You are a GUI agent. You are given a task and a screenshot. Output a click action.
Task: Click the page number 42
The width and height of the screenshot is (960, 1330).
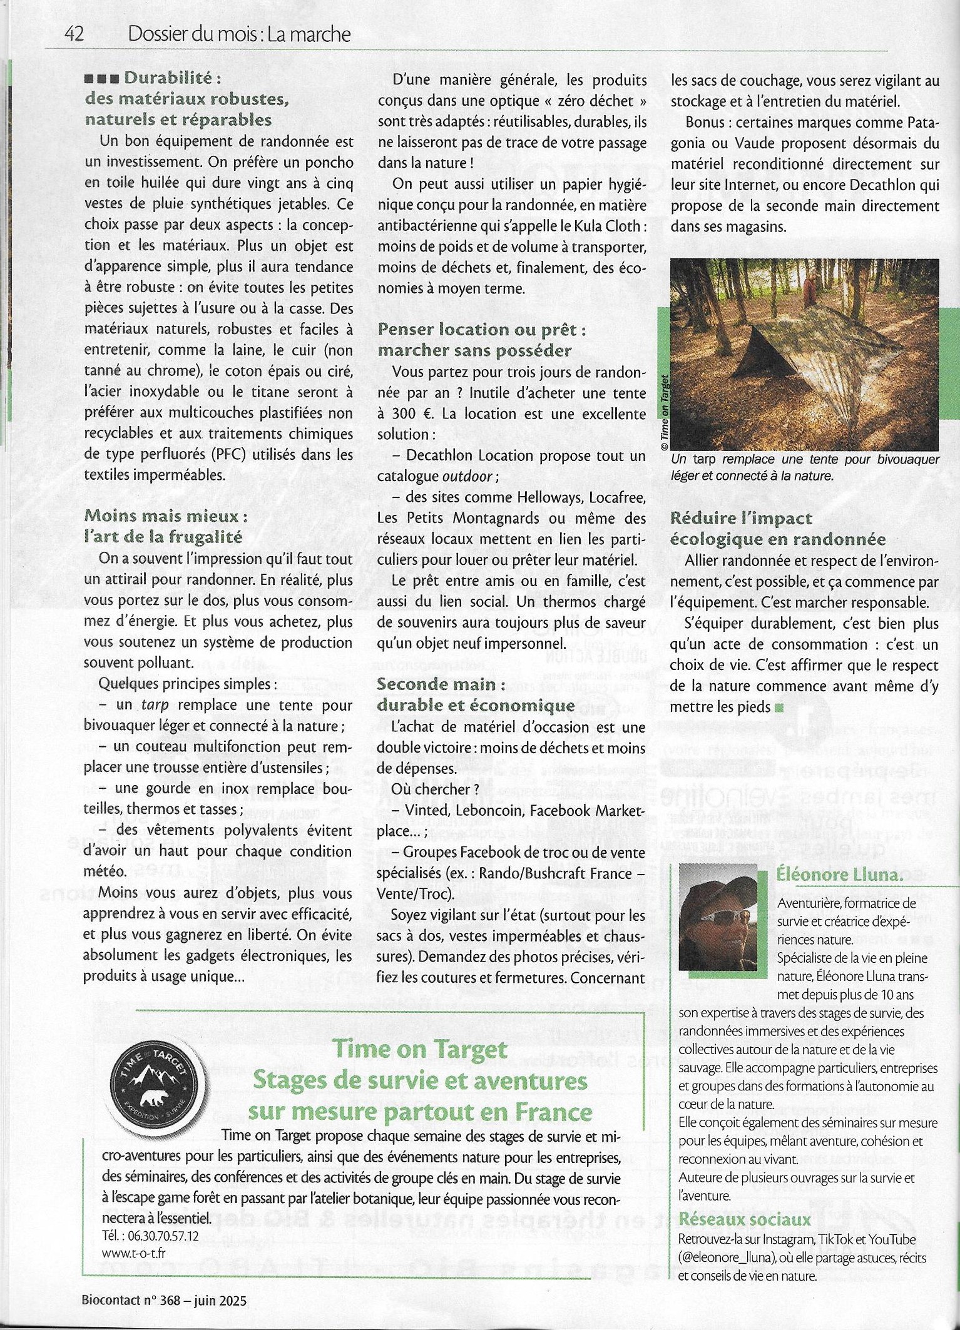click(74, 34)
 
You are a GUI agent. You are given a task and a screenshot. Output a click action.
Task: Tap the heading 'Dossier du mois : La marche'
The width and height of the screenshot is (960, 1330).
click(238, 34)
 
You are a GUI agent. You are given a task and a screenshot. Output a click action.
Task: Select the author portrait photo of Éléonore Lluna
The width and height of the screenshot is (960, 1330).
click(718, 917)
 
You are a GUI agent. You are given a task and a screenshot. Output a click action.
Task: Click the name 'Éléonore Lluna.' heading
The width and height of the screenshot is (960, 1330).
click(840, 874)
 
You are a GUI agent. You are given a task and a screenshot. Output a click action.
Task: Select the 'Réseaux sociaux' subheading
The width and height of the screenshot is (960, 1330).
click(744, 1219)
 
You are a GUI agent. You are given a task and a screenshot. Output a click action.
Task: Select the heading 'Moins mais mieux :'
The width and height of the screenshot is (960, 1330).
click(166, 516)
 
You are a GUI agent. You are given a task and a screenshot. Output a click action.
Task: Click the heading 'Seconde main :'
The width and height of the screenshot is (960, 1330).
click(441, 684)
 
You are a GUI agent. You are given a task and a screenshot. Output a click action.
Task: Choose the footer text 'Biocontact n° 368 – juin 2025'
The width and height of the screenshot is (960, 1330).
click(164, 1300)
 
